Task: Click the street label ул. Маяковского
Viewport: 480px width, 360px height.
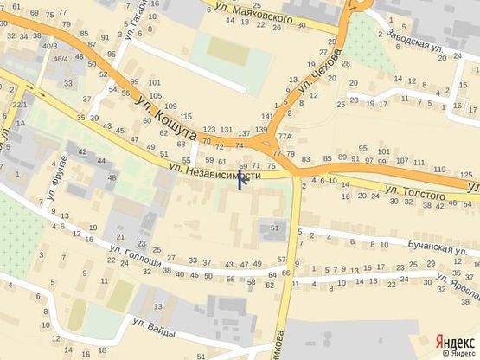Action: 259,12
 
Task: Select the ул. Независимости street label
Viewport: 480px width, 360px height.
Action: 214,172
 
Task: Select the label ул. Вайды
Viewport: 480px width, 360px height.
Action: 156,326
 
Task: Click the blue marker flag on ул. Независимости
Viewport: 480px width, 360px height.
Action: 241,182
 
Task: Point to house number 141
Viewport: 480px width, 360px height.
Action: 267,115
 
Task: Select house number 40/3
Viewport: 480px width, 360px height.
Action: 51,46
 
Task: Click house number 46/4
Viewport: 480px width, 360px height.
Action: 61,59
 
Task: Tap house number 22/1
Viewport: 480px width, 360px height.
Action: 19,104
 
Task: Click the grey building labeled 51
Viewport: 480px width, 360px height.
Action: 275,228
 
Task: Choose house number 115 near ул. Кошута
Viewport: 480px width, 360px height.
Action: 184,116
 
